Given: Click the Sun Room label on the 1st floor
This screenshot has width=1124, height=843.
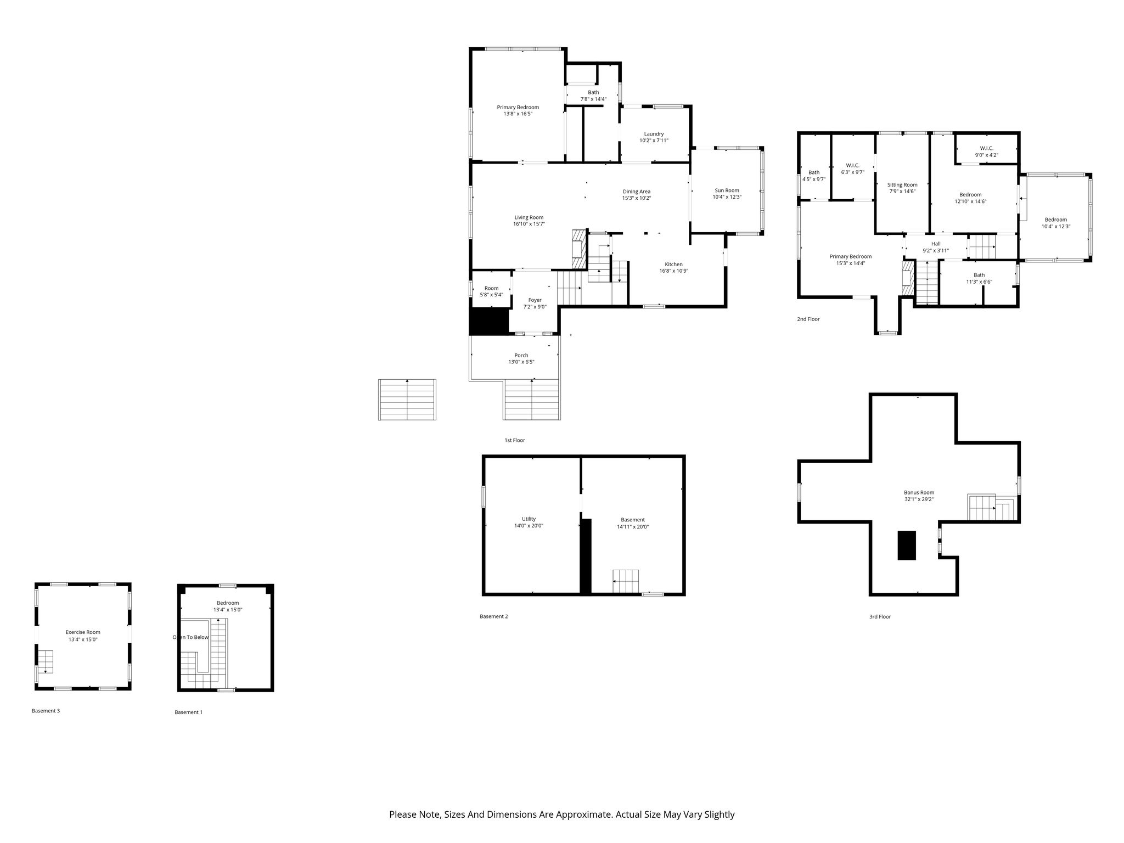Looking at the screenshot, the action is point(727,190).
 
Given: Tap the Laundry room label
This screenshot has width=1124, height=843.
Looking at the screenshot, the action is point(654,134).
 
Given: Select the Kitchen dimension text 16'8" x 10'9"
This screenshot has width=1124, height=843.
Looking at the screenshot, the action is point(673,271).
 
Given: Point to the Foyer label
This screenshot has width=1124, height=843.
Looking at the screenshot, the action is point(535,300).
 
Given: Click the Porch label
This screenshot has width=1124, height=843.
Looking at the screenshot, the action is point(521,355).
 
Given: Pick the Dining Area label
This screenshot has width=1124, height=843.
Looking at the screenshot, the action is point(637,192).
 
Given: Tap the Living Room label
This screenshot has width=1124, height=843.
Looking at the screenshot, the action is point(529,217).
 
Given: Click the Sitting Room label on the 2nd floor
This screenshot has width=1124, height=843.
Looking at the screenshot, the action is point(902,185).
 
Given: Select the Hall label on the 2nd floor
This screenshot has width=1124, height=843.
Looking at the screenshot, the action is point(936,244).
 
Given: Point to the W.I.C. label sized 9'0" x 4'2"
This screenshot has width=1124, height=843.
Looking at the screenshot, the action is point(986,148).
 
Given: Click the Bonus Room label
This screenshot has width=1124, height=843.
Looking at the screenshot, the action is point(919,492).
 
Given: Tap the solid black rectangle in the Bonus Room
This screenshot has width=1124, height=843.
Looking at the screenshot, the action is point(907,545).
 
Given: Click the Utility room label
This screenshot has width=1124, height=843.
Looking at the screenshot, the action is point(529,519).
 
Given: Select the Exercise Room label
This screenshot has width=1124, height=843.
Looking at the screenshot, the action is point(83,632).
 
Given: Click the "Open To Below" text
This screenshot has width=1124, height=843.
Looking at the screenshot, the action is point(190,637).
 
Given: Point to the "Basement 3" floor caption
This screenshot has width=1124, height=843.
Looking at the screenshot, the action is point(46,711).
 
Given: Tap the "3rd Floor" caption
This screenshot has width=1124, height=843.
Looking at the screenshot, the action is point(880,616).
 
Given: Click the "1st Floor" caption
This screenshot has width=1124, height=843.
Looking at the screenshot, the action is point(515,440).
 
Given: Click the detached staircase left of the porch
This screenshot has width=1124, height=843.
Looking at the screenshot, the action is point(407,400).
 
